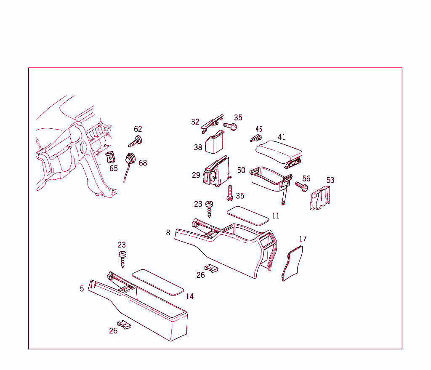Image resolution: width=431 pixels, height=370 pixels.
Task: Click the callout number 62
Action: point(138,129)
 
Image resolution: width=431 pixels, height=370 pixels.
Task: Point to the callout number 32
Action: point(195,122)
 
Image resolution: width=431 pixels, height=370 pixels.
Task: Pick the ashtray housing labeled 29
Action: point(216,172)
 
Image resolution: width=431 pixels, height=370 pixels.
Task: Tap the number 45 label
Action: point(259,129)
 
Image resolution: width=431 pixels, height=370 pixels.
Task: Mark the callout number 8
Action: point(168,232)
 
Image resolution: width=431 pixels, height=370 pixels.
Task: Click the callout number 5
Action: point(82,288)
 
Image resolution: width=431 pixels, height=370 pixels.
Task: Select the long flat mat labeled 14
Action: point(158,282)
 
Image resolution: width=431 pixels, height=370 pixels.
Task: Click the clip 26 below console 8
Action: point(211,268)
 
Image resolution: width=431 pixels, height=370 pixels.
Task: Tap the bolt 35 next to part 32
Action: point(230,125)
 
